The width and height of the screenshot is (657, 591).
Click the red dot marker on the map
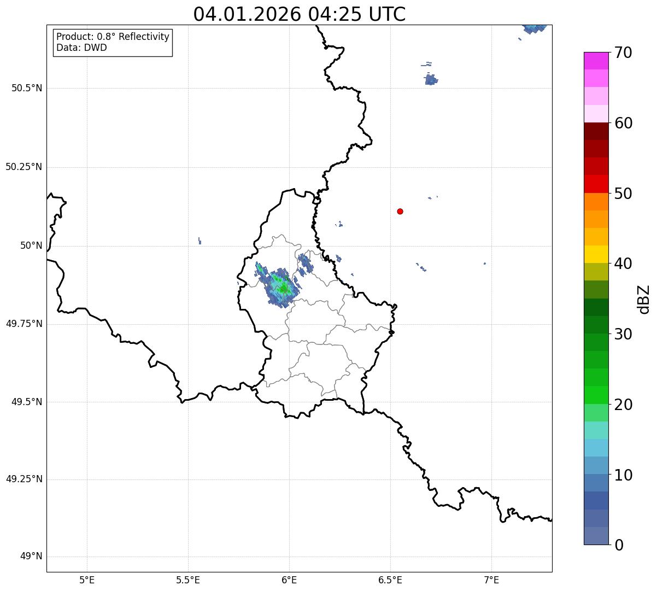pyautogui.click(x=400, y=212)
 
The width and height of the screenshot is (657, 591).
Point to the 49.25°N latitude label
pyautogui.click(x=24, y=479)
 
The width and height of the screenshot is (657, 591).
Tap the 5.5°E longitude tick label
pyautogui.click(x=188, y=580)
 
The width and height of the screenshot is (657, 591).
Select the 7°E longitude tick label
pyautogui.click(x=491, y=580)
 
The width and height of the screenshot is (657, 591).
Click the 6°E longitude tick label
pyautogui.click(x=289, y=580)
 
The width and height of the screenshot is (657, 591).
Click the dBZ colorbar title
pyautogui.click(x=644, y=299)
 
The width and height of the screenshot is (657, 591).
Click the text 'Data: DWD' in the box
pyautogui.click(x=81, y=48)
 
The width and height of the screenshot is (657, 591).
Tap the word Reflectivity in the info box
pyautogui.click(x=138, y=37)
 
